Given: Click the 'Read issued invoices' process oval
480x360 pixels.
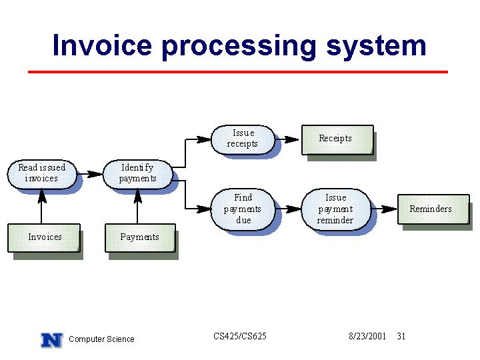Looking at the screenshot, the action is [x=42, y=174].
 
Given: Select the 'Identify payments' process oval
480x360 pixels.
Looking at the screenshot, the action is [x=138, y=174].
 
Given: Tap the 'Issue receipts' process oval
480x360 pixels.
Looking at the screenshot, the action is [x=243, y=139].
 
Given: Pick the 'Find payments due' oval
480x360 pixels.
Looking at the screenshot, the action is [x=243, y=209].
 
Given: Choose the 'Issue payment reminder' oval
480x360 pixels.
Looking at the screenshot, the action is [x=336, y=209].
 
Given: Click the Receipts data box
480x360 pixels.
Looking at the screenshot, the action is [x=337, y=139].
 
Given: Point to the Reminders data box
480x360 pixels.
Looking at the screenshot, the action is [x=433, y=209].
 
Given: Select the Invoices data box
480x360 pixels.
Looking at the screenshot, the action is [x=44, y=238].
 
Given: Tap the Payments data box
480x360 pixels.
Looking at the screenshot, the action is [x=140, y=238].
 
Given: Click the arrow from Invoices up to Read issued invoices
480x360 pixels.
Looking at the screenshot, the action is [x=41, y=206].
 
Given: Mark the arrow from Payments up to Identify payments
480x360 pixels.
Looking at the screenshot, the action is [x=137, y=206].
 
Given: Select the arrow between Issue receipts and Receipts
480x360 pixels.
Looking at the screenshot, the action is [x=287, y=139].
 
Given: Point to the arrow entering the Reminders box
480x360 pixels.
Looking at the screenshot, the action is [x=384, y=209].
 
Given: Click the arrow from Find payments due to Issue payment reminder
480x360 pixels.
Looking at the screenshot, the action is [x=289, y=209].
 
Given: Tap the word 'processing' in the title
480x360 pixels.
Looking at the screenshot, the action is [x=239, y=47].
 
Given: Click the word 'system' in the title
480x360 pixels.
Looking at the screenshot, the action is [x=376, y=47].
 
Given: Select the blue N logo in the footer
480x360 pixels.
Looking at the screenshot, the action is [x=52, y=340].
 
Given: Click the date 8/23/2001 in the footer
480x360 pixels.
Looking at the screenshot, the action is [x=367, y=336].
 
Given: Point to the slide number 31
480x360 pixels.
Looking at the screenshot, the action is [x=401, y=336].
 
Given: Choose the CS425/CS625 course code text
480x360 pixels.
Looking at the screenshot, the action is [x=240, y=336].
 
